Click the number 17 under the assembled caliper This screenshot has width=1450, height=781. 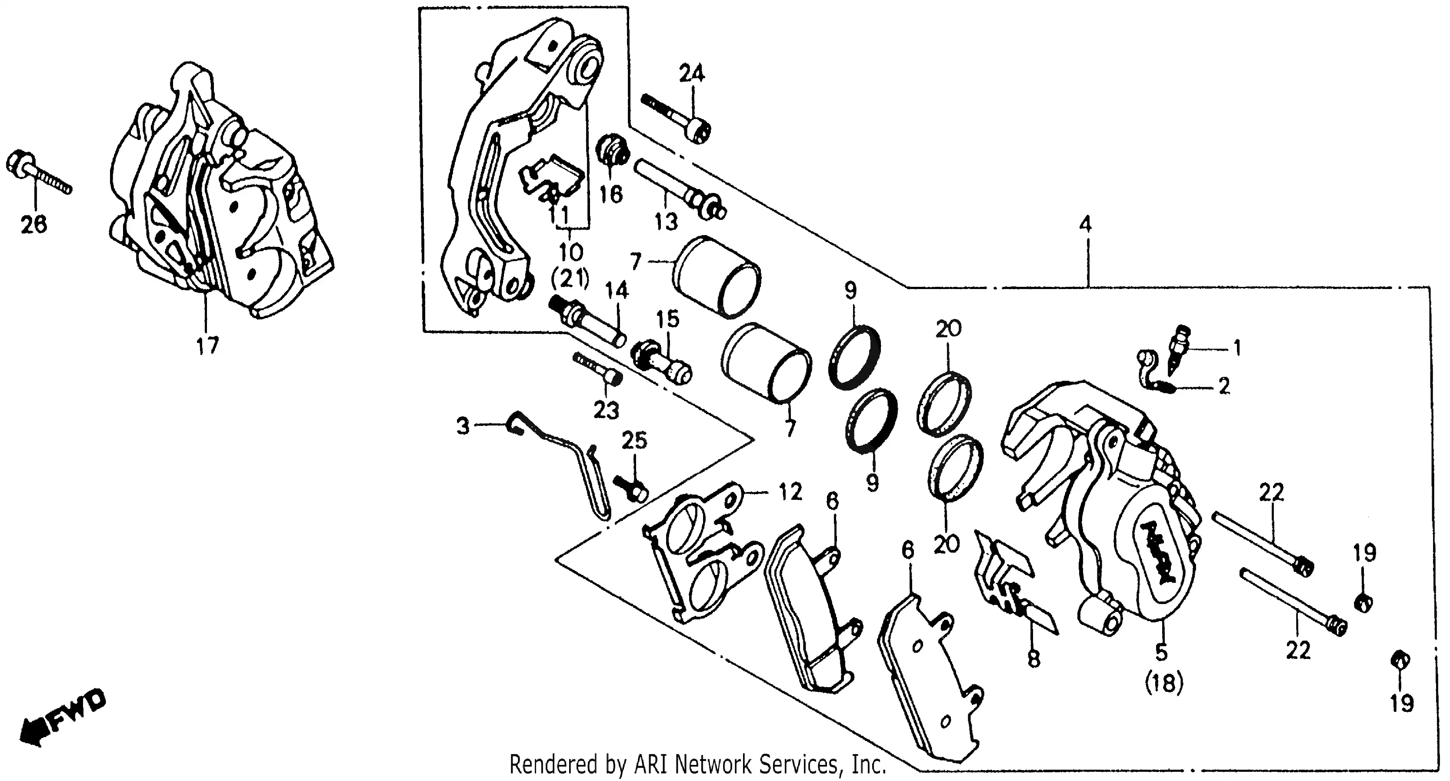[x=207, y=346]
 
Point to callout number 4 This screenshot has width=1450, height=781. [x=1085, y=225]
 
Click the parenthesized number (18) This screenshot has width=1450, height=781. [x=1164, y=684]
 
